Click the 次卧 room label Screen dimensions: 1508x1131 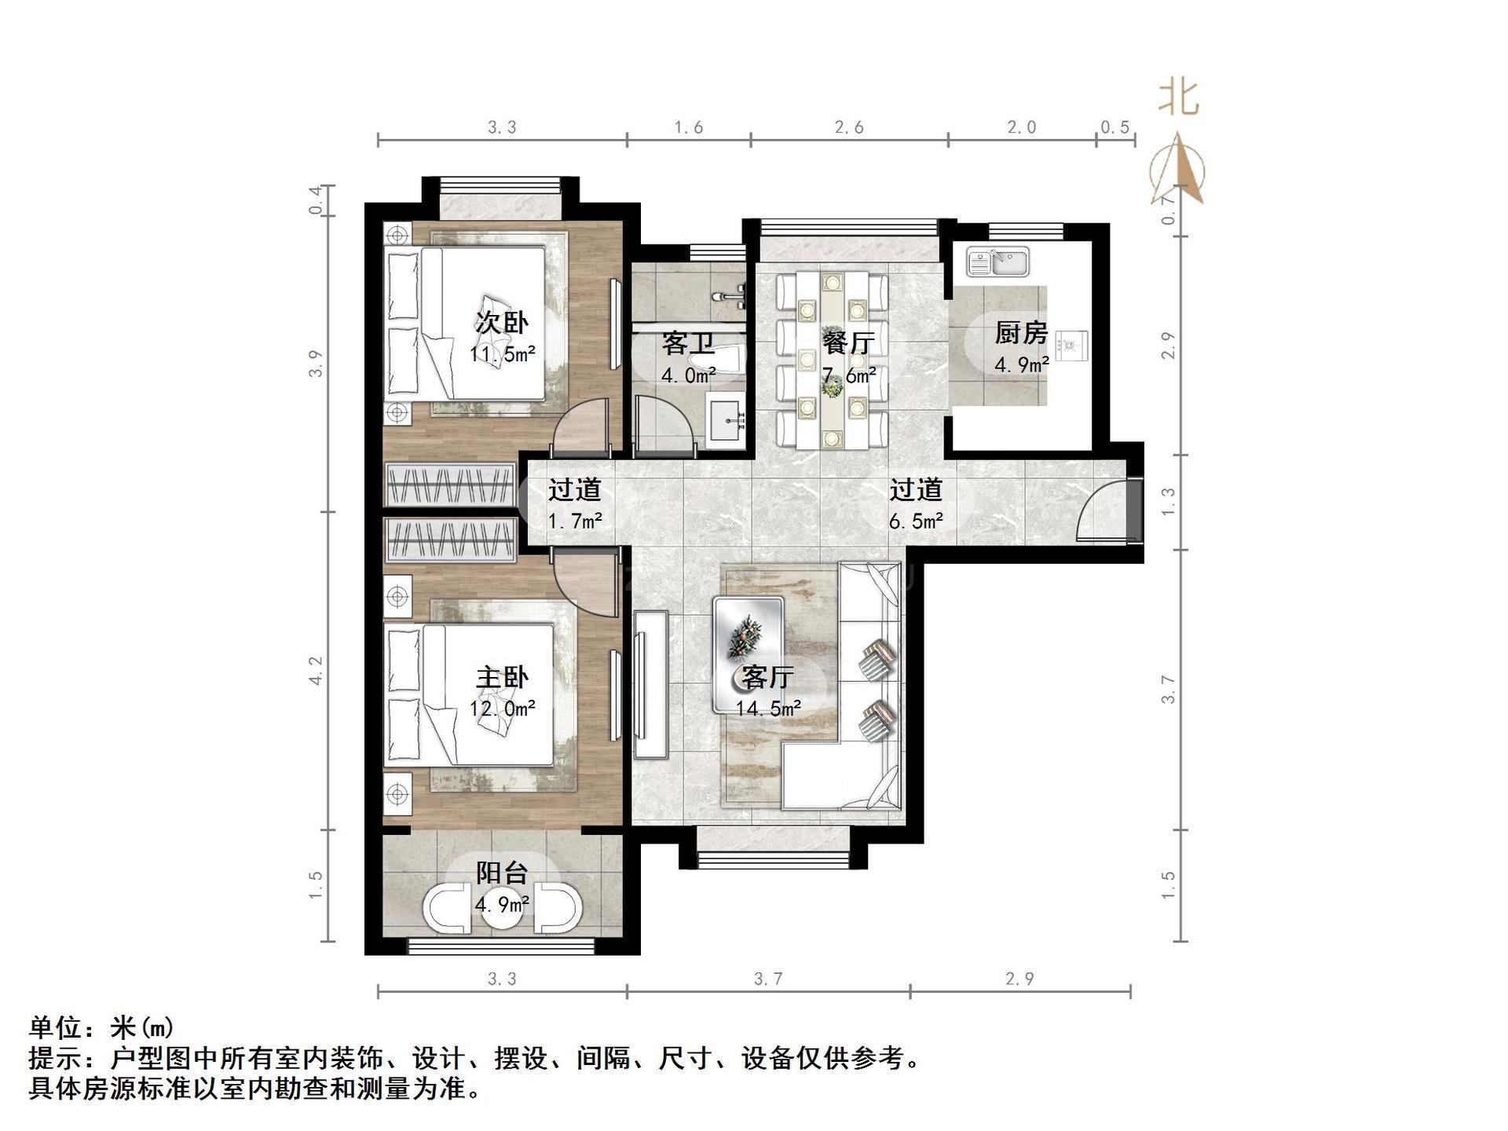tap(502, 322)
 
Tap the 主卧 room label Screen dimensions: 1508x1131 tap(502, 677)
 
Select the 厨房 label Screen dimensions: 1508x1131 tap(1021, 333)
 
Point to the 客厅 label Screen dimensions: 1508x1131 tap(768, 677)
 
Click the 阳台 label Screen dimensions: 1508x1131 tap(502, 873)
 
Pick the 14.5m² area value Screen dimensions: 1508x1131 tap(768, 709)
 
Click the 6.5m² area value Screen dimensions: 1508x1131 tap(916, 521)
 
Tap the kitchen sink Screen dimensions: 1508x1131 tap(997, 262)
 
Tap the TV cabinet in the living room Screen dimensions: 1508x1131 tap(651, 684)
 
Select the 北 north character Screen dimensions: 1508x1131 tap(1179, 99)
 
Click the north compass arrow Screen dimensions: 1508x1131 tap(1177, 168)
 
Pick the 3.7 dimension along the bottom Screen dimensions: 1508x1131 tap(768, 979)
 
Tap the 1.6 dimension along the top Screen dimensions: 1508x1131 tap(688, 127)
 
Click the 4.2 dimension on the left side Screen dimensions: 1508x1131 tap(316, 672)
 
